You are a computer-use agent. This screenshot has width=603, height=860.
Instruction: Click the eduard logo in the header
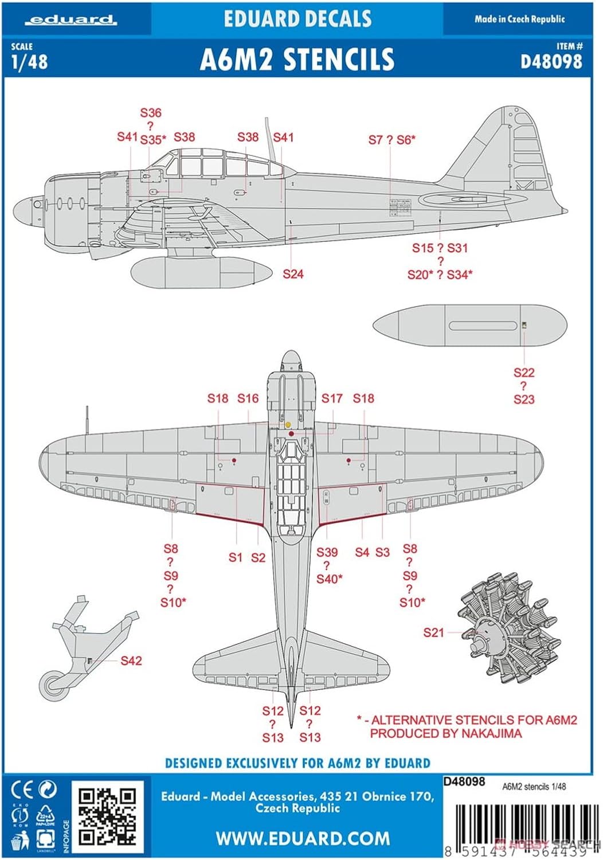[x=72, y=20]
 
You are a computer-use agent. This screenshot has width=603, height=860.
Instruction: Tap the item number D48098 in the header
[x=551, y=61]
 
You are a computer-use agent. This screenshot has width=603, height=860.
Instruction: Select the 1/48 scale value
[x=29, y=61]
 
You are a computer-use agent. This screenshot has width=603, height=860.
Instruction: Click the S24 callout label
[x=293, y=274]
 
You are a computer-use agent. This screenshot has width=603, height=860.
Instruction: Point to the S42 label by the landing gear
[x=131, y=660]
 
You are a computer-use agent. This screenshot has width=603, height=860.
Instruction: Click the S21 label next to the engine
[x=433, y=632]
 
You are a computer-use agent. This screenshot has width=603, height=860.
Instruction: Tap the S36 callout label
[x=151, y=113]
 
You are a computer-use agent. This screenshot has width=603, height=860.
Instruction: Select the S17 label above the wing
[x=332, y=398]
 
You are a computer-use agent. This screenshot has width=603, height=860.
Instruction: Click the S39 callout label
[x=327, y=552]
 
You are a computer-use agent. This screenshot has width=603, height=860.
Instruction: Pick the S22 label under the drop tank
[x=524, y=373]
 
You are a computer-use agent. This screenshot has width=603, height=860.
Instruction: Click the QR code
[x=107, y=817]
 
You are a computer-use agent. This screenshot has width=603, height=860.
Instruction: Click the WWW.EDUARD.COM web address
[x=303, y=838]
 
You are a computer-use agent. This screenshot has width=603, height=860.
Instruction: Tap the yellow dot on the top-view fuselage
[x=288, y=425]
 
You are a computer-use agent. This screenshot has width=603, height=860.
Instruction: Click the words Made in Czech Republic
[x=519, y=19]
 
